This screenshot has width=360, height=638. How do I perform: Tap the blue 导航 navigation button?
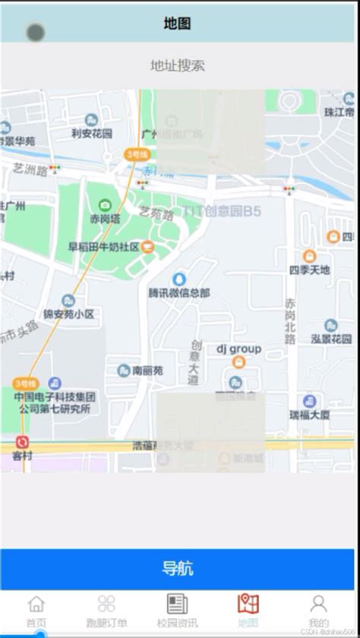pyautogui.click(x=179, y=568)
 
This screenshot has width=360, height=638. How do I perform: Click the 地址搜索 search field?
pyautogui.click(x=178, y=66)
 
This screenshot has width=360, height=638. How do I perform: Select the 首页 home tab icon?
pyautogui.click(x=36, y=605)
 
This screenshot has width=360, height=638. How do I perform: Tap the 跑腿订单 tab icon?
pyautogui.click(x=106, y=605)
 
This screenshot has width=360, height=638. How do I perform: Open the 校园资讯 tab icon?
pyautogui.click(x=178, y=605)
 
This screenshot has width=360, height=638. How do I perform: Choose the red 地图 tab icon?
pyautogui.click(x=248, y=605)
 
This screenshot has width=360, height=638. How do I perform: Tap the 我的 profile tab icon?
pyautogui.click(x=318, y=605)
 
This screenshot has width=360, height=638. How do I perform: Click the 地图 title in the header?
pyautogui.click(x=178, y=24)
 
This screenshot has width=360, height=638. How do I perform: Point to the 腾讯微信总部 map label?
pyautogui.click(x=179, y=292)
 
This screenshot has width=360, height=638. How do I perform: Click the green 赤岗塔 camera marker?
pyautogui.click(x=105, y=205)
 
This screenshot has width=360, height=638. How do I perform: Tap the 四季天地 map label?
pyautogui.click(x=310, y=270)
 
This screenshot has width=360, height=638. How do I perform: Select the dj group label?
pyautogui.click(x=238, y=349)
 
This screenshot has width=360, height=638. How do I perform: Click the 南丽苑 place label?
pyautogui.click(x=147, y=371)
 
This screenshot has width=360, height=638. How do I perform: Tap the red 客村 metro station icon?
pyautogui.click(x=23, y=442)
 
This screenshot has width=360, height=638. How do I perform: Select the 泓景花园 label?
pyautogui.click(x=331, y=339)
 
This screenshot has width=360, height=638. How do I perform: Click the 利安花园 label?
pyautogui.click(x=92, y=134)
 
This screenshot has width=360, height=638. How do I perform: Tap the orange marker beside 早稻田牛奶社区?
pyautogui.click(x=147, y=246)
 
